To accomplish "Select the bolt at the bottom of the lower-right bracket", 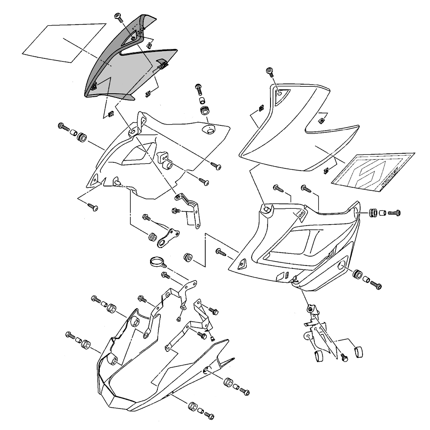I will pyautogui.click(x=344, y=357).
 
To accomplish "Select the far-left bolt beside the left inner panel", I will pyautogui.click(x=63, y=127).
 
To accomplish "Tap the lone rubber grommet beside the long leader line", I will pyautogui.click(x=187, y=257).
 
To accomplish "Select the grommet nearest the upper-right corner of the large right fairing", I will pyautogui.click(x=373, y=212).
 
